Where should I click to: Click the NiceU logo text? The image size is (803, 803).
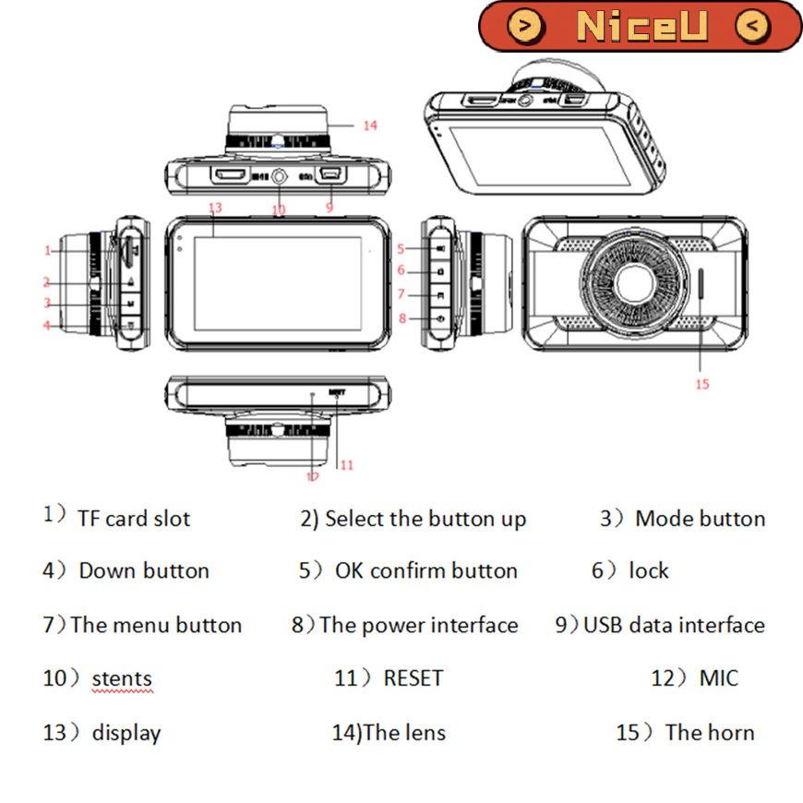(x=641, y=26)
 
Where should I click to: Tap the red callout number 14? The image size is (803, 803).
(x=369, y=126)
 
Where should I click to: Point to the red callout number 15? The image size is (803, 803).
(x=702, y=384)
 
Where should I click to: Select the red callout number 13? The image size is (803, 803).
(x=216, y=207)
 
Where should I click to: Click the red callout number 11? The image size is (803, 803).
(x=346, y=465)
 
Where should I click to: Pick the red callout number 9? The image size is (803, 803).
(x=329, y=208)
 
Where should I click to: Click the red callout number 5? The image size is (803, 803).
(x=401, y=248)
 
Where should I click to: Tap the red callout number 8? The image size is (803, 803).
(x=401, y=318)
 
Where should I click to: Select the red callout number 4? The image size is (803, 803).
(x=46, y=324)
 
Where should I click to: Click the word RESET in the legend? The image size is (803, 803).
(x=413, y=678)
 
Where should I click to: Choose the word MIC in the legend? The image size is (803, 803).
(x=718, y=678)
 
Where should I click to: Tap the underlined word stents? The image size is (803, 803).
(x=122, y=680)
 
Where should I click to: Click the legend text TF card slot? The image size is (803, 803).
(x=134, y=519)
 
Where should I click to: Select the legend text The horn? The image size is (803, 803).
(x=709, y=733)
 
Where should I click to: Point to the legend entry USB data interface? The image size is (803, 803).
(x=674, y=625)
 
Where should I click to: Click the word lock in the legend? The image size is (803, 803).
(x=649, y=571)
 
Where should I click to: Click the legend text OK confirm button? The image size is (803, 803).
(x=425, y=571)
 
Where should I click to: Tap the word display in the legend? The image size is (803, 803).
(x=126, y=734)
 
